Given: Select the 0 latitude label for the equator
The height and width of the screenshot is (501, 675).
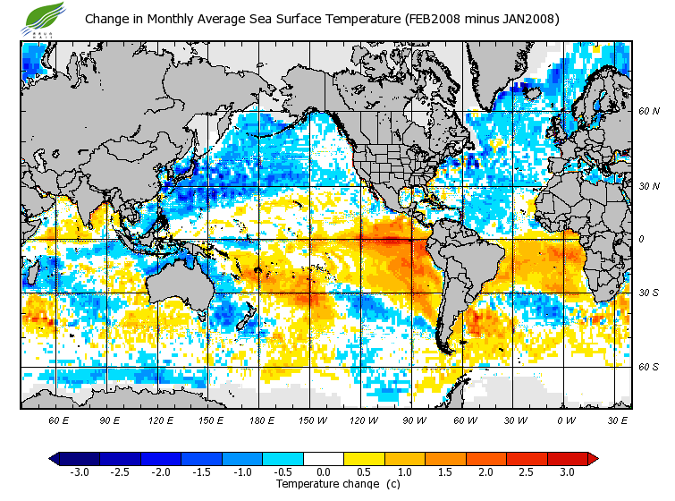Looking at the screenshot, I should tap(642, 239).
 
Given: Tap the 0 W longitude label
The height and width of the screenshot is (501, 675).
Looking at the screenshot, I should tap(566, 420).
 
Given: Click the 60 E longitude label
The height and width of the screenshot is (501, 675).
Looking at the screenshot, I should tap(59, 420).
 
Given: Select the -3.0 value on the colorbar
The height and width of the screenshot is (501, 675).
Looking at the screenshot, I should tap(79, 471).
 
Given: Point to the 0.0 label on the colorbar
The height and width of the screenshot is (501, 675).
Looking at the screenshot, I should tap(323, 471).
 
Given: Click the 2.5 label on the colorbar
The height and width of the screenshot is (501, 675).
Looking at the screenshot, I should tap(526, 471).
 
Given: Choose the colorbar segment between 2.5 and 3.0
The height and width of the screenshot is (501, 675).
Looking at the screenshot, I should tap(545, 458).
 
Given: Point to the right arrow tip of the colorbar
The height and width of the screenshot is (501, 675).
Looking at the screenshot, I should tap(595, 458).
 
